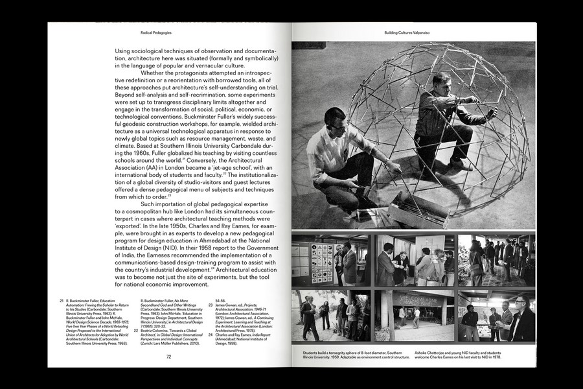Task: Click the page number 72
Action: coord(168,356)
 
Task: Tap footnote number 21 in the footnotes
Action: coord(61,301)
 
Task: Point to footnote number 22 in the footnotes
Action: coord(136,329)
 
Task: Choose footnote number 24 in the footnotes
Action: coord(211,333)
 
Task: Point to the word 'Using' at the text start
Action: coord(123,51)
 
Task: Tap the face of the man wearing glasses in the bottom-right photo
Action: coord(521,302)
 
